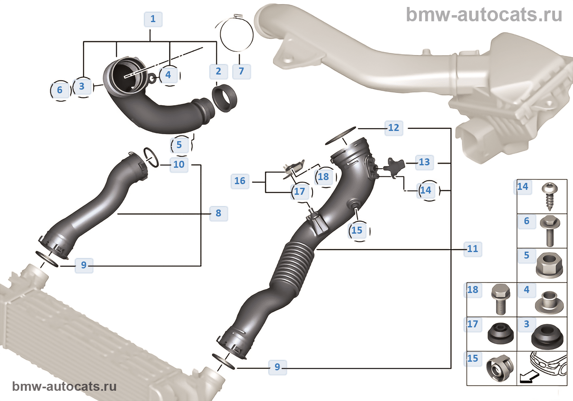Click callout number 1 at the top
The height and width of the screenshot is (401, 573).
pos(153,19)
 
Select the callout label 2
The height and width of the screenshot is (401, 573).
pos(218,71)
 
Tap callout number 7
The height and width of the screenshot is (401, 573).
pos(241,71)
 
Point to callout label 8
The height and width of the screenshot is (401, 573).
pos(218,213)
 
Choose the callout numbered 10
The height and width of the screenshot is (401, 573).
pos(179,164)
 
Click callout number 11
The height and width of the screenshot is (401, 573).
pos(472,249)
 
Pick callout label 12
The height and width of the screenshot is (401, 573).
pos(393,128)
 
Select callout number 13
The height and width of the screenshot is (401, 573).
pos(424,162)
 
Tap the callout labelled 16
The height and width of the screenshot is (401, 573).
pos(240,181)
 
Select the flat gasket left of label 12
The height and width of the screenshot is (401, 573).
pos(341,135)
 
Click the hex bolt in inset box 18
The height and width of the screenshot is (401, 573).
pos(501,299)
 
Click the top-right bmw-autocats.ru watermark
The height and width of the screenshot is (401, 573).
pos(484,15)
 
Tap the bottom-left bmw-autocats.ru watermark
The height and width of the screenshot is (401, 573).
pos(64,386)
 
